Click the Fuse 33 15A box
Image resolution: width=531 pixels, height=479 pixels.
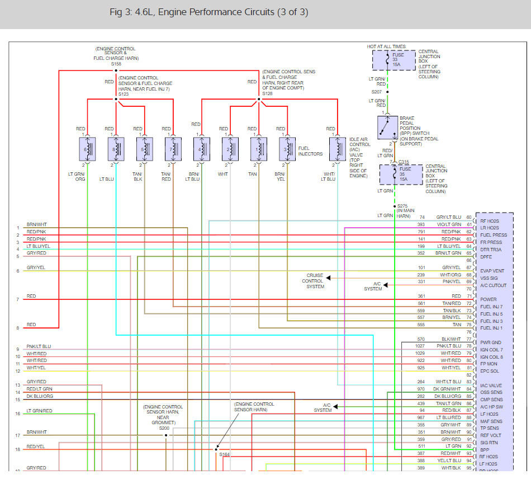point(394,60)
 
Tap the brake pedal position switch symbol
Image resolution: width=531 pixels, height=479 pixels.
point(387,128)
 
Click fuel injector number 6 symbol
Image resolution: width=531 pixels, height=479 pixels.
point(88,149)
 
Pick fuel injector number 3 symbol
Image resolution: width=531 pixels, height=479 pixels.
point(287,149)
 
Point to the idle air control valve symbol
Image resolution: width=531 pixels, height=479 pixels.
point(338,149)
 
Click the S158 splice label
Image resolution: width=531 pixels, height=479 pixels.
point(116,64)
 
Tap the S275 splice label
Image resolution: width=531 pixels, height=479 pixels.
point(403,206)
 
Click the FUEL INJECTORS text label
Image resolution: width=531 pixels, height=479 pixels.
point(311,151)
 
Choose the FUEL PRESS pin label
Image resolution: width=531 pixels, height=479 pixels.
point(494,235)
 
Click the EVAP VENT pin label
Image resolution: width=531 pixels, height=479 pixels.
point(492,271)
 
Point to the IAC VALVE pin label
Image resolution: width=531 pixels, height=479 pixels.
point(491,386)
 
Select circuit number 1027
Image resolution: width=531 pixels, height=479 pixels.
point(420,346)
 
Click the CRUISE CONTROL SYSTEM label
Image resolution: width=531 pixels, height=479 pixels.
point(315,281)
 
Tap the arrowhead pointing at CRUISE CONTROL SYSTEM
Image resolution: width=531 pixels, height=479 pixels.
point(329,278)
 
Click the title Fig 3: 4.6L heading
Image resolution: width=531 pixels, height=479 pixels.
point(208,12)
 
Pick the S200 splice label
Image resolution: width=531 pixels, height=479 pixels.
point(164,428)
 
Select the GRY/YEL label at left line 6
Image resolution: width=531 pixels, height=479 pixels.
point(36,268)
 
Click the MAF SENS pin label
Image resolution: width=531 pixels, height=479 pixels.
point(491,421)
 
